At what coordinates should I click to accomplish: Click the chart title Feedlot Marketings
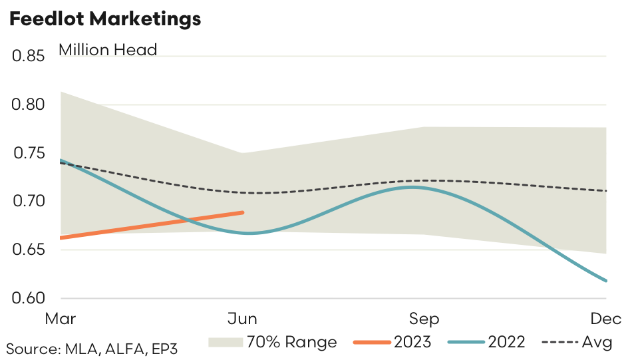click(x=104, y=19)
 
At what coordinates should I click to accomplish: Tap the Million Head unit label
click(x=108, y=50)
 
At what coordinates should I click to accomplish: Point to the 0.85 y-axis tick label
click(x=28, y=57)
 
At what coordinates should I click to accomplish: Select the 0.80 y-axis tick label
click(x=28, y=105)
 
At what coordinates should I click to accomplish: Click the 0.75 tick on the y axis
click(x=28, y=154)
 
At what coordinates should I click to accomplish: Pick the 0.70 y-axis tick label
click(x=28, y=202)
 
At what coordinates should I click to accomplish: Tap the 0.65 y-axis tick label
click(x=28, y=250)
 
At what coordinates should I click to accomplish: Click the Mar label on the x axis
click(x=60, y=319)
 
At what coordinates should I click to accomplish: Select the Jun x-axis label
click(x=243, y=319)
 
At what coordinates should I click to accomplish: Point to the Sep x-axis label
click(x=424, y=319)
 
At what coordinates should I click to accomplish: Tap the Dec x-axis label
click(x=607, y=319)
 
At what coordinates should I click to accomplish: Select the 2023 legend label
click(x=412, y=342)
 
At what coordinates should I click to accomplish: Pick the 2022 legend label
click(x=506, y=342)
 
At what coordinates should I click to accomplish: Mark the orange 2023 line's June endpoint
click(x=243, y=212)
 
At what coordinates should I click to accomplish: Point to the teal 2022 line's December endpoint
click(x=606, y=281)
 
